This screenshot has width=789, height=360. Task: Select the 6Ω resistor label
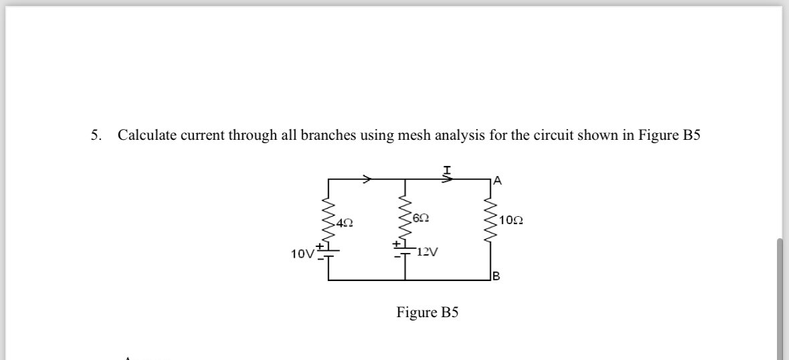click(x=421, y=217)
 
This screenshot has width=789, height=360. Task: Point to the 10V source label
click(x=302, y=254)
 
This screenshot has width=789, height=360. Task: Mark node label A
click(x=497, y=179)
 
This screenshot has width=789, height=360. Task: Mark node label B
click(x=496, y=276)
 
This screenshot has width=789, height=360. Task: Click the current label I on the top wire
click(x=446, y=170)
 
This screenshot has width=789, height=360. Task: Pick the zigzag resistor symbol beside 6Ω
click(x=405, y=217)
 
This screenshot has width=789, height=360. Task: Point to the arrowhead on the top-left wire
click(x=367, y=179)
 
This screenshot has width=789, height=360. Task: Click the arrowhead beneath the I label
click(x=448, y=179)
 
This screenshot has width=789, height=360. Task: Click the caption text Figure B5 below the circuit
click(x=427, y=312)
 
